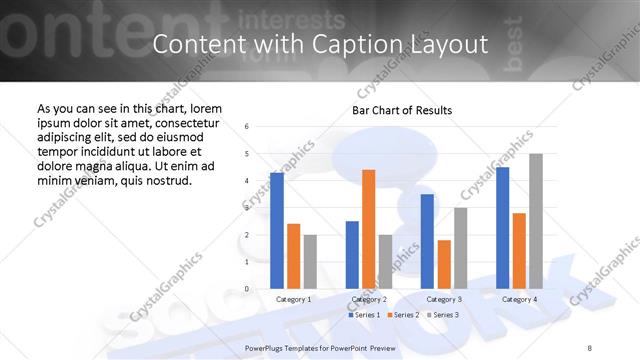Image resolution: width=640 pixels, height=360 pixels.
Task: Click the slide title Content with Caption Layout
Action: [320, 45]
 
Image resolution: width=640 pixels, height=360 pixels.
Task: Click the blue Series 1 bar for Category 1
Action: [276, 230]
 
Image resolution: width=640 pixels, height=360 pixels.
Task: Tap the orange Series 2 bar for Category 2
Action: [369, 229]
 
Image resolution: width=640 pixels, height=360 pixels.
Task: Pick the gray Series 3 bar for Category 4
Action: [536, 221]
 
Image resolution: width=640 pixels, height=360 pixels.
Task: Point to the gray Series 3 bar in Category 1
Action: [310, 261]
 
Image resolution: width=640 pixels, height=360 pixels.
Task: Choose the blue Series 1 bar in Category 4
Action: [502, 228]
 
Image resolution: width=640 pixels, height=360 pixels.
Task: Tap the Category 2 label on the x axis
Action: [369, 299]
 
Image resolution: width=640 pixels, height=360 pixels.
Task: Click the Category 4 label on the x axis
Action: [519, 299]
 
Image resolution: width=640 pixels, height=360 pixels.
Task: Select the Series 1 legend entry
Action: [362, 315]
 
